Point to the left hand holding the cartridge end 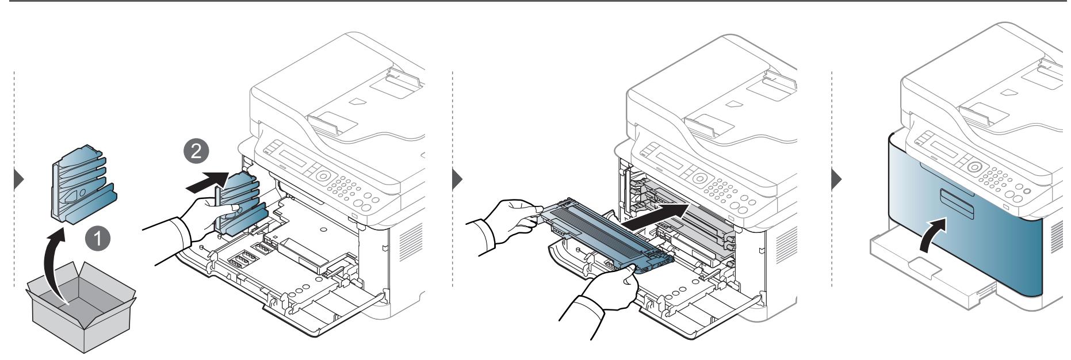coord(506,216)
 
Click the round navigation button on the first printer coord(324,175)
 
